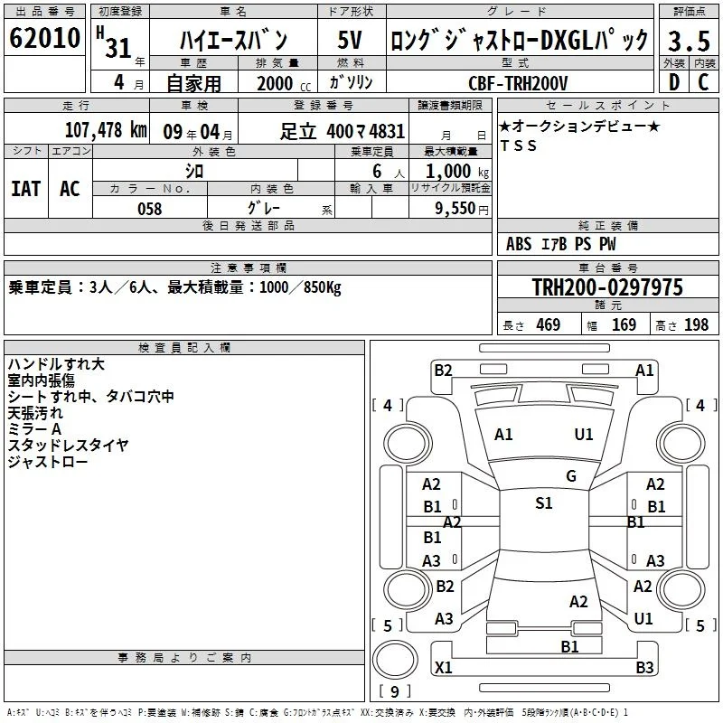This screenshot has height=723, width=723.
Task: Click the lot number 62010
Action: coord(44,38)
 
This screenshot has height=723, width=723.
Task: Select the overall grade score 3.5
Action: coord(689,41)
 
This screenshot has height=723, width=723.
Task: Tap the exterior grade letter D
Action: coord(674,82)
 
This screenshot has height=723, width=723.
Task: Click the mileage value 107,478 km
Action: coord(106,130)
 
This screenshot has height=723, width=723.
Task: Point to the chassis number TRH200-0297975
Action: coord(607,286)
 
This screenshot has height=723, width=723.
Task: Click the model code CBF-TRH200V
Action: coord(518,83)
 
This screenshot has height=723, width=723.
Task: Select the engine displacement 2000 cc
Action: coord(284,83)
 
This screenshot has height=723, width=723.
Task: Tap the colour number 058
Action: coord(150,209)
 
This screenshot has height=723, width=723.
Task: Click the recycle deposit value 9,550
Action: coord(455,209)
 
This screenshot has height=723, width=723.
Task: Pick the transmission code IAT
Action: coord(26,189)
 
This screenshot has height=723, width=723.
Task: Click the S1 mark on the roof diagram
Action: coord(544,502)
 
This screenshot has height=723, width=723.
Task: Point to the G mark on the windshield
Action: coord(571,476)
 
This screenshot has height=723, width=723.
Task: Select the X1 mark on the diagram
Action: coord(443,667)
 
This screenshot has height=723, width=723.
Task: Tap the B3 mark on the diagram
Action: coord(644,667)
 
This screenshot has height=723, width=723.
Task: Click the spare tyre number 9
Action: coord(395,691)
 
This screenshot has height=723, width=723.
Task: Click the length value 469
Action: coord(549,324)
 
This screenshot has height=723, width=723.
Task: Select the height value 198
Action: coord(696,324)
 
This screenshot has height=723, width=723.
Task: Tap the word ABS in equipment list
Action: coord(519,244)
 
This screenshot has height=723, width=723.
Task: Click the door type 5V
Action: coord(350,40)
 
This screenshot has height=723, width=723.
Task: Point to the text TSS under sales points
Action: coord(519,146)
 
